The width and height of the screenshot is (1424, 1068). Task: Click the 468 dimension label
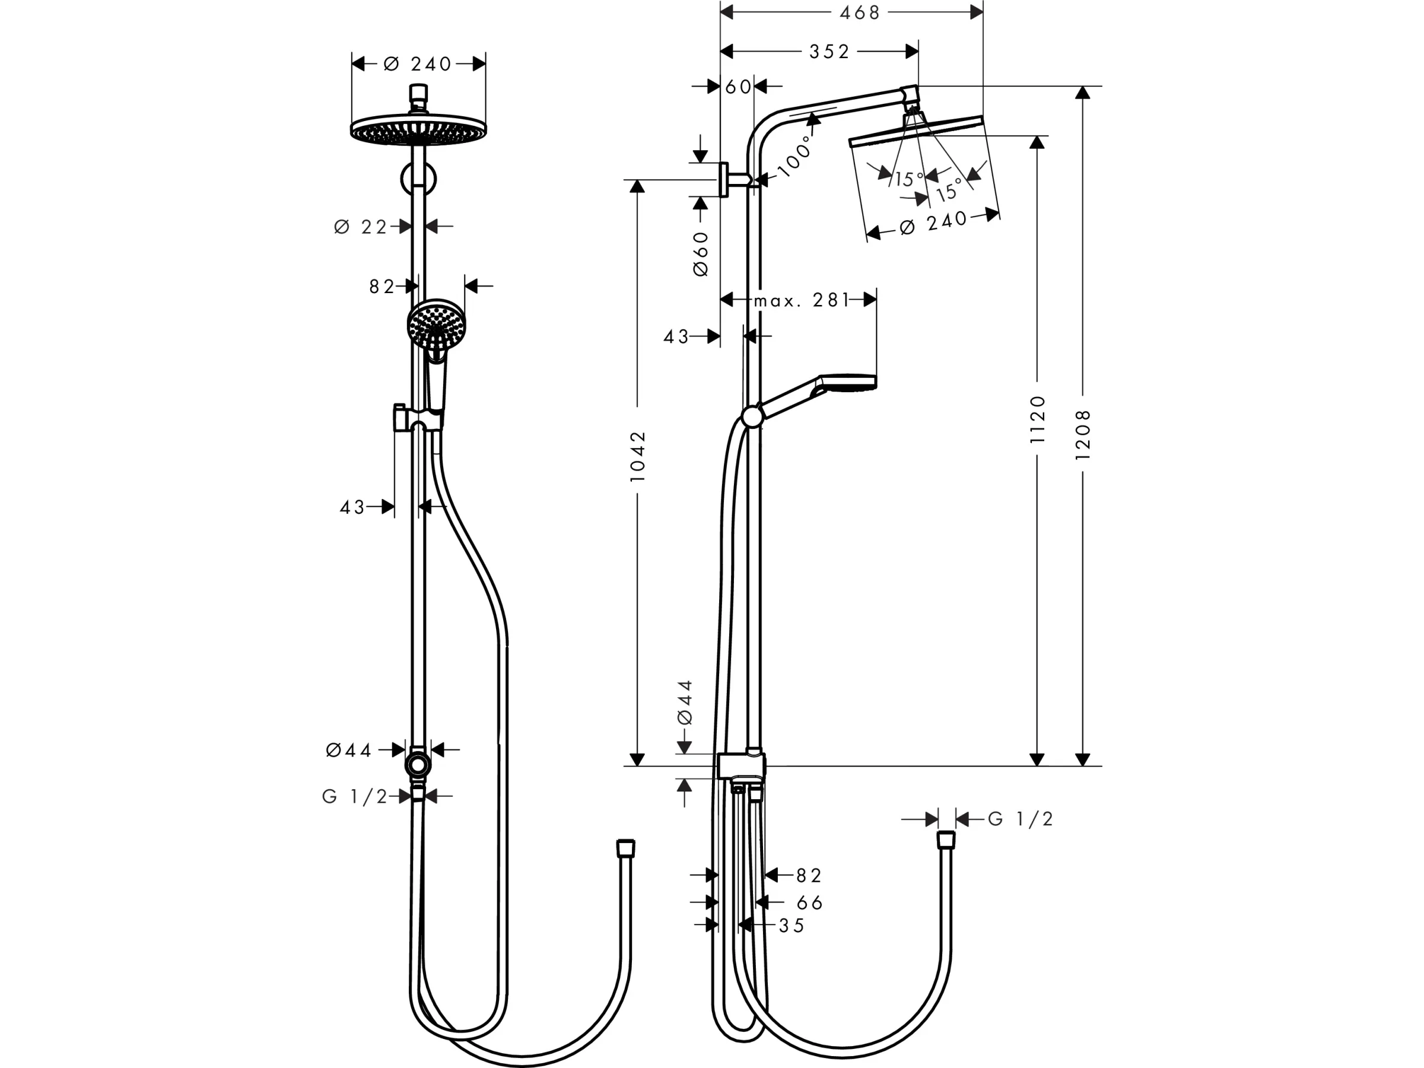click(859, 12)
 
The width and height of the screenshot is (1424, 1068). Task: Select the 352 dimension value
click(830, 52)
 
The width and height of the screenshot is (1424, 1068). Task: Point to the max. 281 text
click(802, 300)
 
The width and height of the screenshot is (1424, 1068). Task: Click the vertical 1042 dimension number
click(637, 456)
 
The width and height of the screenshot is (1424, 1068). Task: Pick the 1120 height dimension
click(1038, 419)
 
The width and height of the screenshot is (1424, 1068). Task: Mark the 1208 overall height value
click(1083, 434)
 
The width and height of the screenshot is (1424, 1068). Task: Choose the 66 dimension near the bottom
click(810, 903)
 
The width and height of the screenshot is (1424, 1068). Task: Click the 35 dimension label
click(792, 926)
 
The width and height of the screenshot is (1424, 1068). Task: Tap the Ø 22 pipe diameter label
click(361, 227)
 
